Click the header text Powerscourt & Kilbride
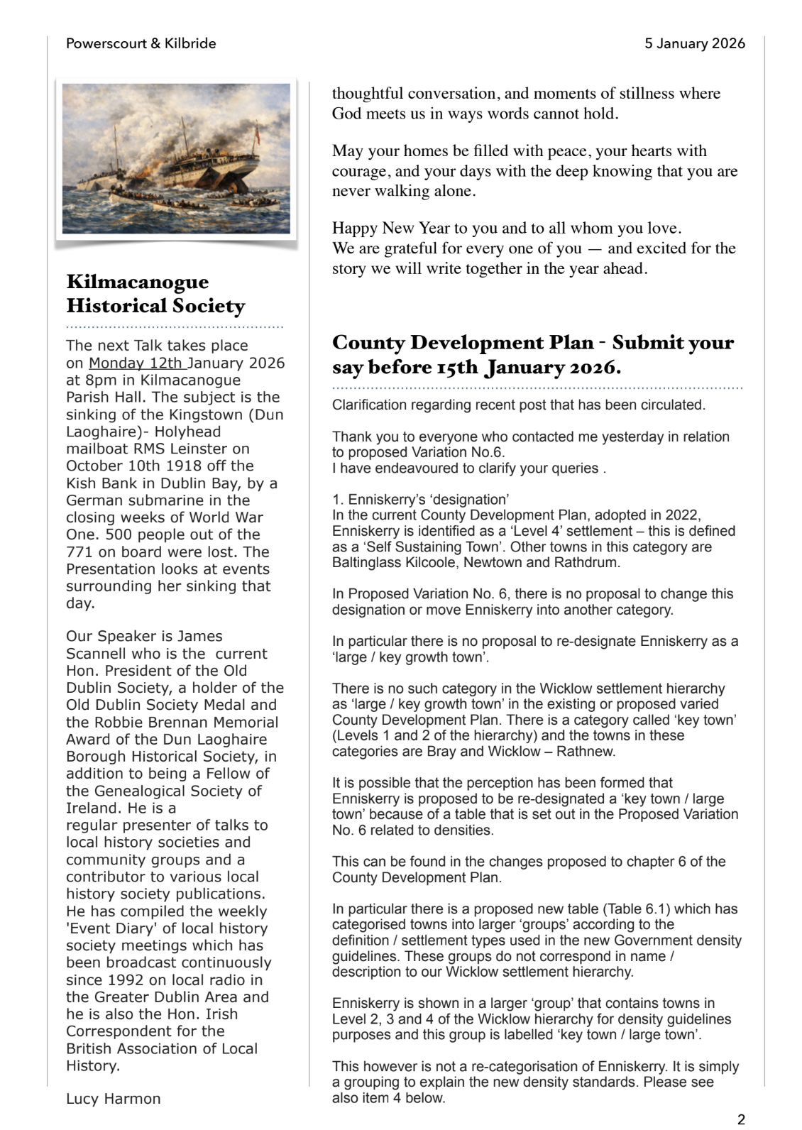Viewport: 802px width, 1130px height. coord(141,43)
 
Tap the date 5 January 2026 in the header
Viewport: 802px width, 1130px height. coord(694,43)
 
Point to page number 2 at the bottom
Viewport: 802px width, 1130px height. coord(741,1119)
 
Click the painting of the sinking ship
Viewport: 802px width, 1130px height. coord(176,158)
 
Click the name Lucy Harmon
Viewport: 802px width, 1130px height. coord(113,1099)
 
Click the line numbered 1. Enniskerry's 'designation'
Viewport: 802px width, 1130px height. coord(420,499)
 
